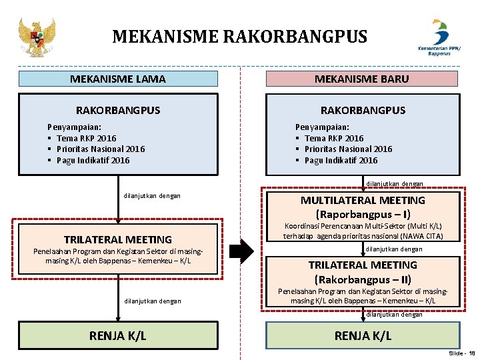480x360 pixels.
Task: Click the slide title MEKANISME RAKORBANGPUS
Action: (239, 36)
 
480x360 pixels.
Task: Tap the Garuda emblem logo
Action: (37, 38)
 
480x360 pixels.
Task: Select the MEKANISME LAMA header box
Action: (118, 79)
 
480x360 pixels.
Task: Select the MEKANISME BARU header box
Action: (362, 79)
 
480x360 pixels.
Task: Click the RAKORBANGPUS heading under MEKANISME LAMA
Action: (118, 110)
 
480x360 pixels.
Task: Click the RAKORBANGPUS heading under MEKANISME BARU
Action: (363, 110)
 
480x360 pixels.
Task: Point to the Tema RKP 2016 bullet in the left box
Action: (86, 138)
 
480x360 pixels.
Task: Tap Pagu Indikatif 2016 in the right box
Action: (341, 160)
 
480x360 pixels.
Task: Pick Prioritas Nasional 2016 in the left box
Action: (100, 149)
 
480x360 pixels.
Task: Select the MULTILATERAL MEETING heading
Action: (363, 200)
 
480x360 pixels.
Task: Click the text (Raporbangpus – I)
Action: (363, 214)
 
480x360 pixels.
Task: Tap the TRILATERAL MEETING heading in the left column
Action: (118, 239)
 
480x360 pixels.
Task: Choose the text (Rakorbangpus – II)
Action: (363, 279)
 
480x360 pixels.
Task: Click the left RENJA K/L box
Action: (118, 335)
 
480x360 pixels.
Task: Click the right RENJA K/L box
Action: (363, 335)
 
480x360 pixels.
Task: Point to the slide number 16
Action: (471, 353)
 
